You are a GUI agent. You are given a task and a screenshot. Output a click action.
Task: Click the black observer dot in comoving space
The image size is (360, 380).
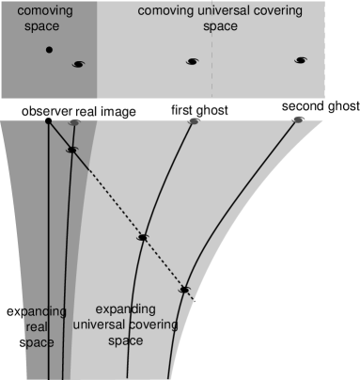(49, 49)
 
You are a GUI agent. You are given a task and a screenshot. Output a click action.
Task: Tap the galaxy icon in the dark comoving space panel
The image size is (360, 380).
(78, 64)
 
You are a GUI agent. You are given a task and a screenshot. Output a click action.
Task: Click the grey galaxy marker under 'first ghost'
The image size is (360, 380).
(194, 121)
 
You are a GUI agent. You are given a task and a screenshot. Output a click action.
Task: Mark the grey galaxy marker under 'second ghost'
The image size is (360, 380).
(298, 119)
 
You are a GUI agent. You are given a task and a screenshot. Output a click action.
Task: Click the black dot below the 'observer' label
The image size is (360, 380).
(48, 121)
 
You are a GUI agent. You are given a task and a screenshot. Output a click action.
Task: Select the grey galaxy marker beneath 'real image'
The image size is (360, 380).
(74, 121)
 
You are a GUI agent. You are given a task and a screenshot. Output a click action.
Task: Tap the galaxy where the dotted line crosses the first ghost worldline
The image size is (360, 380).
(142, 237)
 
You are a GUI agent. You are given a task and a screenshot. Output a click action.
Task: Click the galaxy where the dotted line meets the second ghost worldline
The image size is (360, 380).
(185, 290)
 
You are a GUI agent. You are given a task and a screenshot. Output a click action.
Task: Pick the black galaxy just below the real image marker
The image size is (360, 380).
(71, 150)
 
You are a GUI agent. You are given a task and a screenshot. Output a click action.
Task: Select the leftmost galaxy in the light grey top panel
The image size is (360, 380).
(192, 62)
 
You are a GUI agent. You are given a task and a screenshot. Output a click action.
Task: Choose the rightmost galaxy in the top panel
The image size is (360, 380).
(301, 60)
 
